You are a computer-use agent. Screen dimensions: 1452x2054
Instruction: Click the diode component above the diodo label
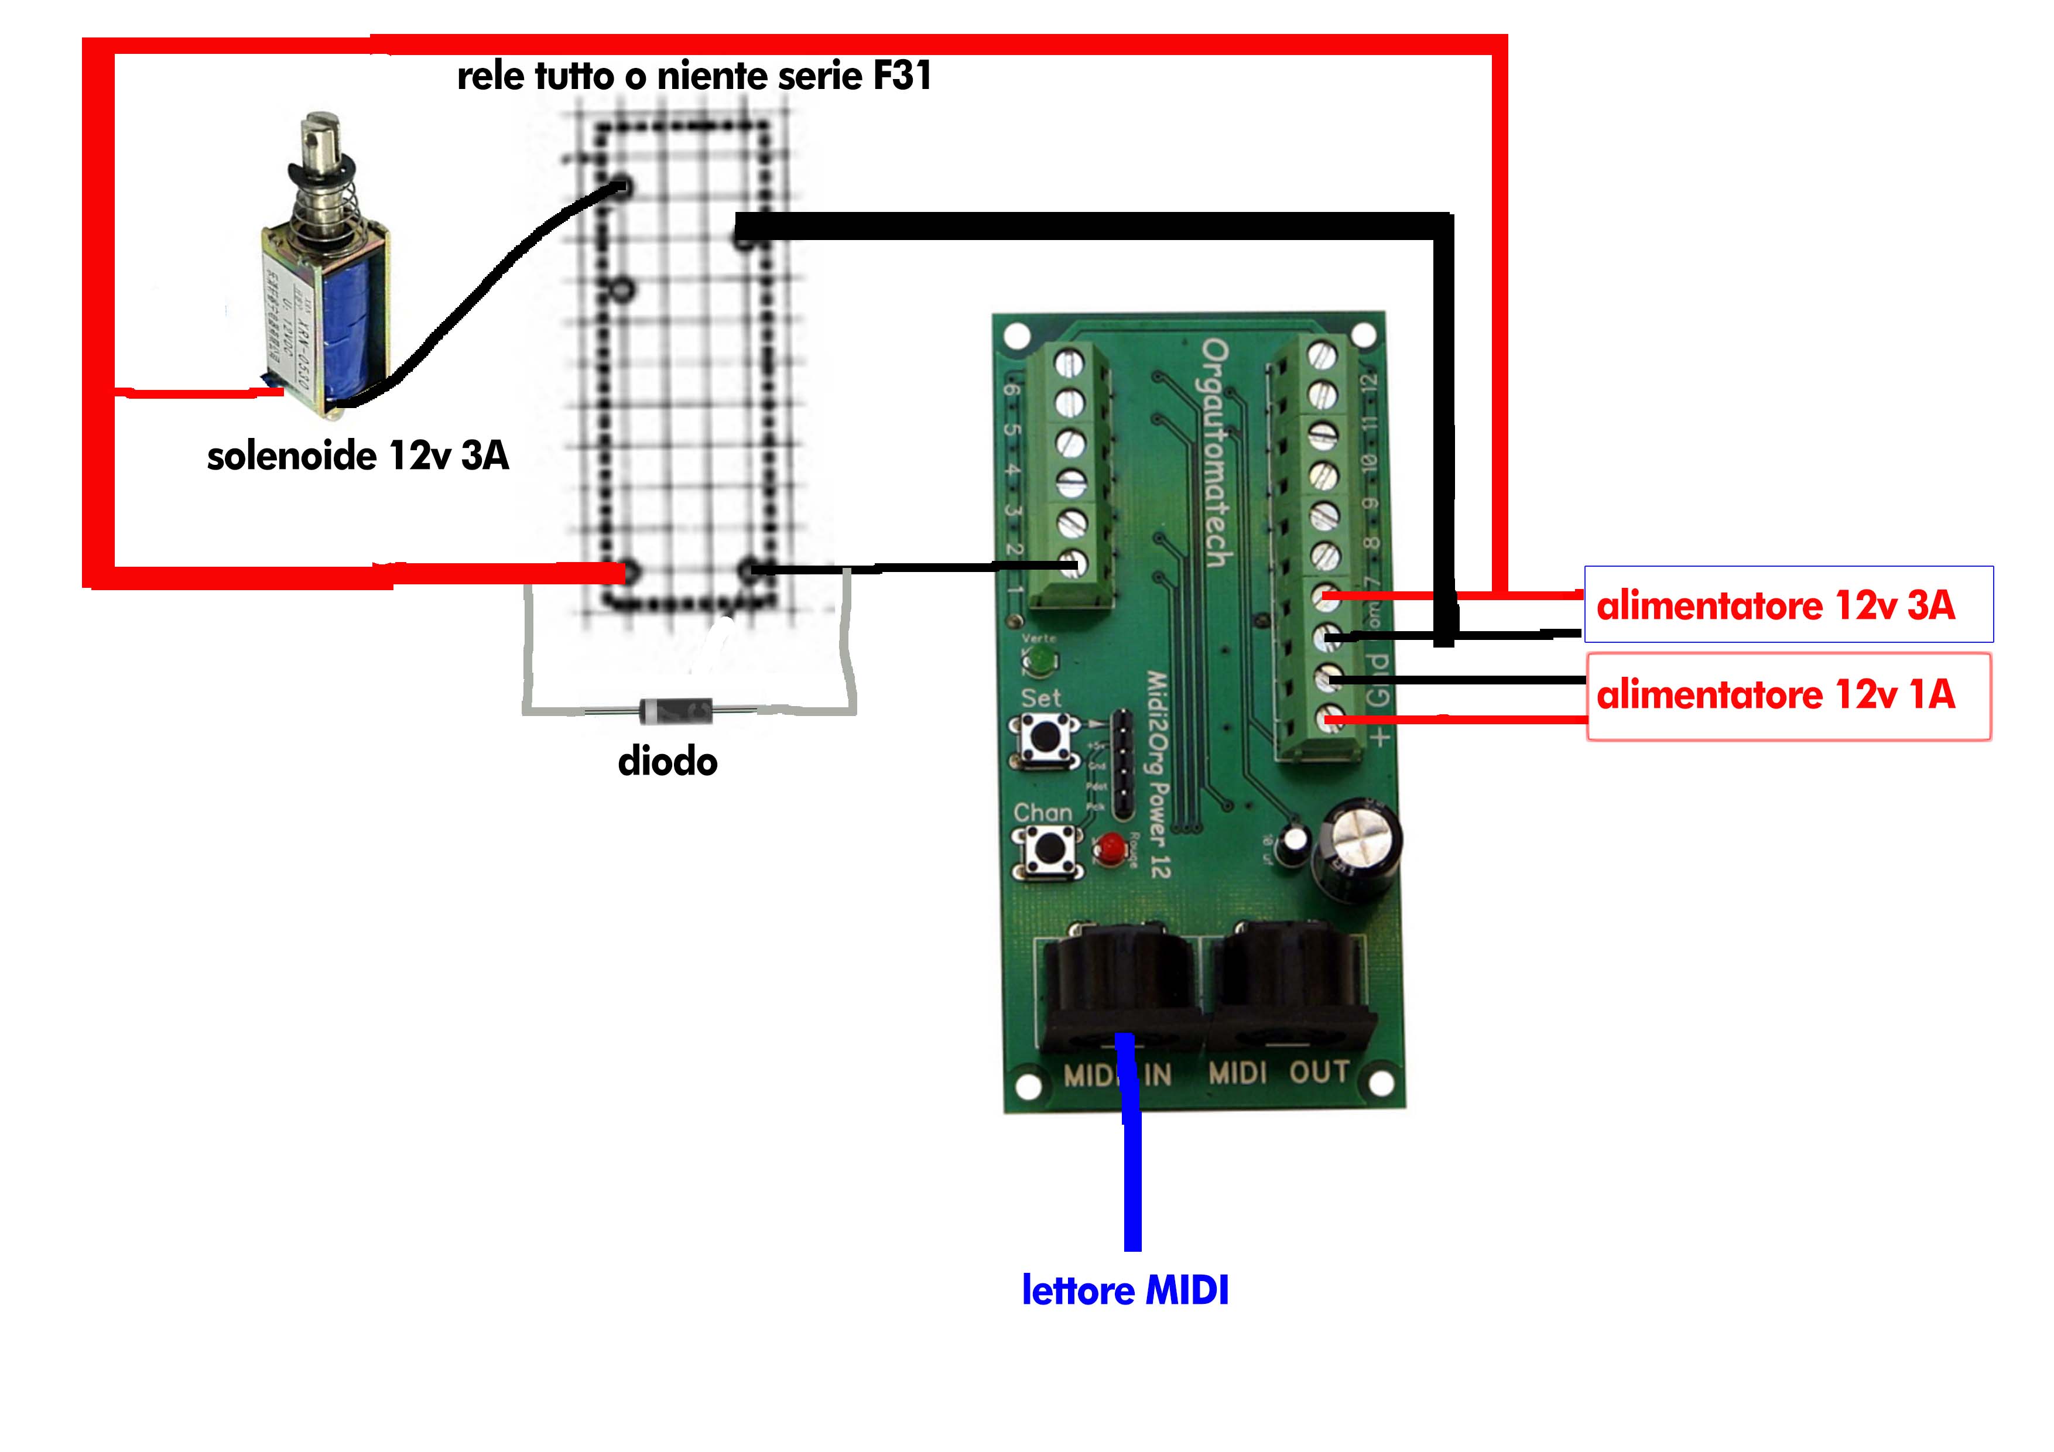(x=676, y=711)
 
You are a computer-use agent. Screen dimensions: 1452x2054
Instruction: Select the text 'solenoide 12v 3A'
(x=358, y=456)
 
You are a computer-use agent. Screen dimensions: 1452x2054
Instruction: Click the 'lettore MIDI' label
(x=1125, y=1290)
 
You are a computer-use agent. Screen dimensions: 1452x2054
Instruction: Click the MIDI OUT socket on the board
(x=1288, y=988)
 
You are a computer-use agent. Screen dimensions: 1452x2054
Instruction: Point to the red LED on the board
(x=1112, y=847)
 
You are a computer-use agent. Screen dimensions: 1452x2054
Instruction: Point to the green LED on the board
(x=1039, y=663)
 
